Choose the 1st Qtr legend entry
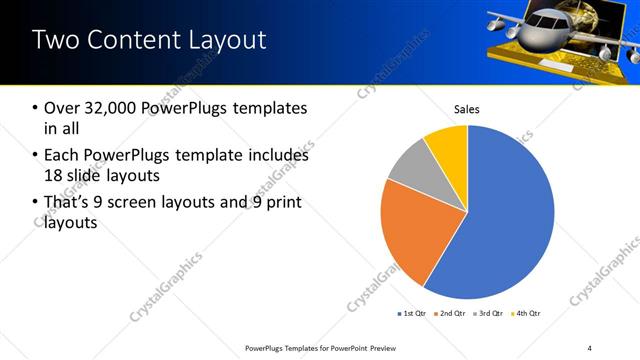[413, 314]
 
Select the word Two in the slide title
[55, 40]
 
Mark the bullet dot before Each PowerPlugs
[37, 156]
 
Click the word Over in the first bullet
[62, 108]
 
